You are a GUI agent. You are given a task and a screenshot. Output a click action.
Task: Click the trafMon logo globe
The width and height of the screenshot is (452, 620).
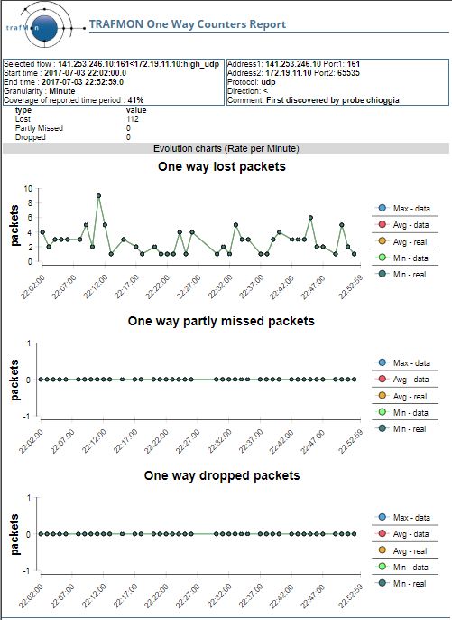44,28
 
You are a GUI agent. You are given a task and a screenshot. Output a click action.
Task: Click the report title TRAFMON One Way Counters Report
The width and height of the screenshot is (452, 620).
188,24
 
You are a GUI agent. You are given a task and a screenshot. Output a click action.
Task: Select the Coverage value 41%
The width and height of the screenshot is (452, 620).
135,100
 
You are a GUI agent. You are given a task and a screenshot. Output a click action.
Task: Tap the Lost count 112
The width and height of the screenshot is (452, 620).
133,119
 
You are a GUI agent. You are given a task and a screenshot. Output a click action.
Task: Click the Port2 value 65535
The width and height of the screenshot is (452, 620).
348,72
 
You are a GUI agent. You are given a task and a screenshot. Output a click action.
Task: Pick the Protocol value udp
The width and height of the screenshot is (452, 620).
268,82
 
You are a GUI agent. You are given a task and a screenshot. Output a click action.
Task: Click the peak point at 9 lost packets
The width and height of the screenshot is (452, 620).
98,196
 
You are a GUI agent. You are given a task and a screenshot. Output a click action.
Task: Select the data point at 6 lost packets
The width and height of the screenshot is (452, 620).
310,218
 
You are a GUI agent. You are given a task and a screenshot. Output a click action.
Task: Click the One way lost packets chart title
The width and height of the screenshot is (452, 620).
222,166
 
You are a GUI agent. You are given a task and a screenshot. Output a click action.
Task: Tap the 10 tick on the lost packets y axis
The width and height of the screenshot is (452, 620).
28,188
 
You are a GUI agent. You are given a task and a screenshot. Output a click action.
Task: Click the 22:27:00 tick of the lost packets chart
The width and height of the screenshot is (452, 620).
189,287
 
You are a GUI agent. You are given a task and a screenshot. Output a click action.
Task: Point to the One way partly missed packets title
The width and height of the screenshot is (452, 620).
221,321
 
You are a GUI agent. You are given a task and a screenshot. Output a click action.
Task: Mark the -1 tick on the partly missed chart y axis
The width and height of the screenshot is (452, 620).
26,417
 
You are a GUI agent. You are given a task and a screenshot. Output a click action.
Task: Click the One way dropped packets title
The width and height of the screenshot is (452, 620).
222,475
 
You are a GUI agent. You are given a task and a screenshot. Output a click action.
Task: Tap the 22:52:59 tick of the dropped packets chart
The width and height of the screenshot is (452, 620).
351,596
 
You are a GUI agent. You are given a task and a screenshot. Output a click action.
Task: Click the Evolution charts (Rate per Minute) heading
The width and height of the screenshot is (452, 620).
226,148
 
